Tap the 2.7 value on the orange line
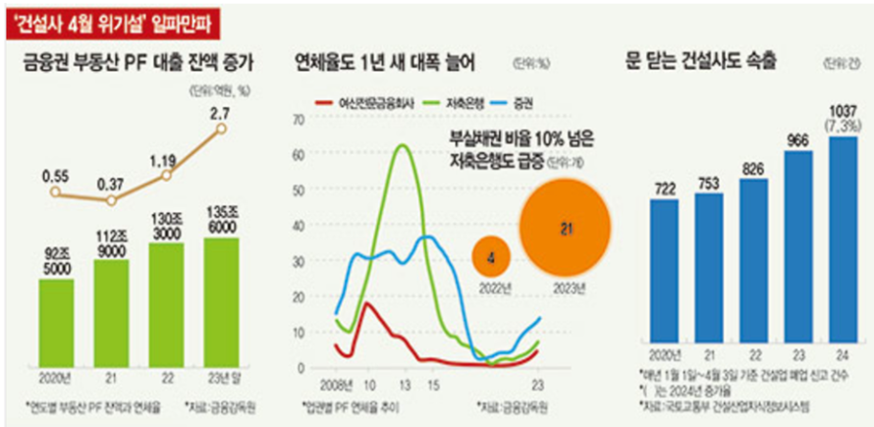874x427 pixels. [220, 115]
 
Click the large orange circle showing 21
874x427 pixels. [565, 228]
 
